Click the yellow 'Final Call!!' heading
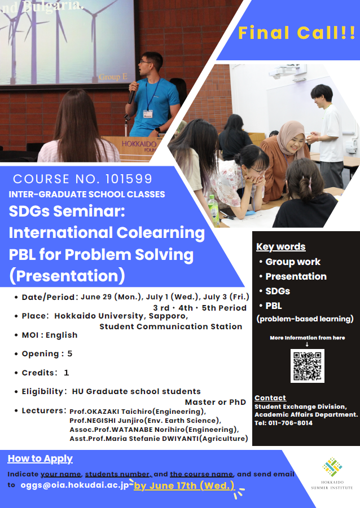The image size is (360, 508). click(x=297, y=33)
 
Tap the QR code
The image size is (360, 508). click(x=307, y=366)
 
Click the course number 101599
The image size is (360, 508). click(x=129, y=179)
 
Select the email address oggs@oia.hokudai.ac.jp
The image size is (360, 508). click(x=74, y=485)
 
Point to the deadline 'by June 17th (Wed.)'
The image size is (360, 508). click(x=184, y=485)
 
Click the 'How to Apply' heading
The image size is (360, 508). click(x=40, y=458)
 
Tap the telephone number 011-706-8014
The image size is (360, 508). click(x=290, y=423)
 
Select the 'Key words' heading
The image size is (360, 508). click(x=281, y=246)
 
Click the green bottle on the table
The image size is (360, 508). click(x=213, y=210)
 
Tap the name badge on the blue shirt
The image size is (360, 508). click(x=148, y=114)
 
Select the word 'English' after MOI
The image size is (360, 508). click(x=62, y=335)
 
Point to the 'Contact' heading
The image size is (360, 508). click(x=270, y=398)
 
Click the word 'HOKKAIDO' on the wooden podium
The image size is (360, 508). click(x=139, y=144)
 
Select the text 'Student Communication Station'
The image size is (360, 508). click(x=170, y=326)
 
